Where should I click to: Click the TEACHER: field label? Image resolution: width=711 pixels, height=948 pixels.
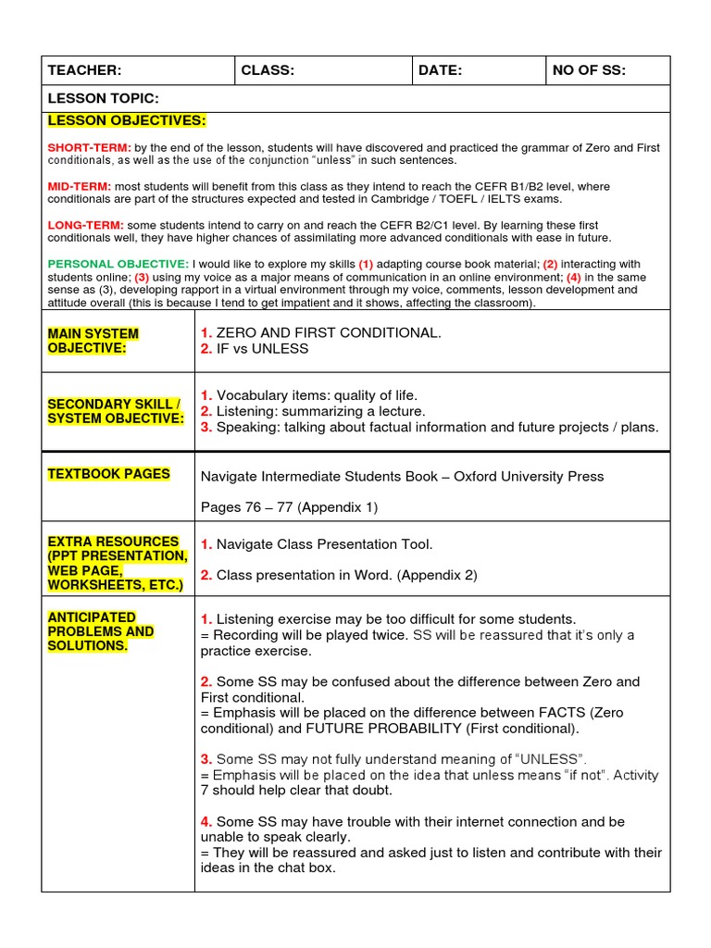[x=84, y=70]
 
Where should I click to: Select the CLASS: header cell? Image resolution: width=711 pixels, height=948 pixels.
[x=268, y=70]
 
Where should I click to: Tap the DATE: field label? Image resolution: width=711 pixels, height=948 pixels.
[x=440, y=70]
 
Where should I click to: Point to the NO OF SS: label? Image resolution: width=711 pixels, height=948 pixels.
[x=589, y=70]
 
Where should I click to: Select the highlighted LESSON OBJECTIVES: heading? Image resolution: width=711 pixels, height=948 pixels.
[x=127, y=120]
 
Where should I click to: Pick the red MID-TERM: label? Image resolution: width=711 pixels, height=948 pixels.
[x=79, y=186]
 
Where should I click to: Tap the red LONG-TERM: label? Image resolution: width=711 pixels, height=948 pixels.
[x=85, y=225]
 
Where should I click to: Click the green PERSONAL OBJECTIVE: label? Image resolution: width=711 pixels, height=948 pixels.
[x=118, y=264]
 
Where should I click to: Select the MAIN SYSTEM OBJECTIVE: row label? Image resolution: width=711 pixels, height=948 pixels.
[x=93, y=341]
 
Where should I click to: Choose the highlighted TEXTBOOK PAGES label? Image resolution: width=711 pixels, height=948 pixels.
[x=108, y=474]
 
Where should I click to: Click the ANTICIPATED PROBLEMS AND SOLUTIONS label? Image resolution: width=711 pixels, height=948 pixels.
[x=100, y=630]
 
